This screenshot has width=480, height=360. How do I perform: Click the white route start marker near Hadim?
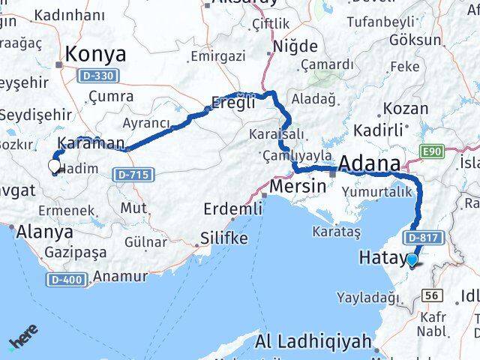coord(54,166)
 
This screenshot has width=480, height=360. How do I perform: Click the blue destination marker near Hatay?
coord(412,260)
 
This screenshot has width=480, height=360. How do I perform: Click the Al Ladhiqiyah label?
coord(313,343)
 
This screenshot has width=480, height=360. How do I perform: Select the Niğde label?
coord(295,46)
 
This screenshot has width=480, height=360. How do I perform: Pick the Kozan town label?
coord(406,109)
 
